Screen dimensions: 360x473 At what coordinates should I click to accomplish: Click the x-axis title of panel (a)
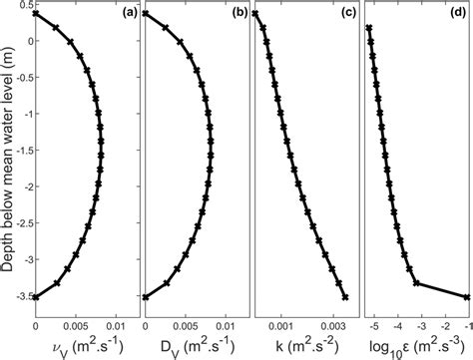click(x=79, y=343)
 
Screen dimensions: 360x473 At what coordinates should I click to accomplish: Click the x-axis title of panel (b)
click(x=188, y=343)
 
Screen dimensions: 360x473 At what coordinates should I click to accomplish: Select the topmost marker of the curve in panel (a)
click(x=36, y=14)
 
